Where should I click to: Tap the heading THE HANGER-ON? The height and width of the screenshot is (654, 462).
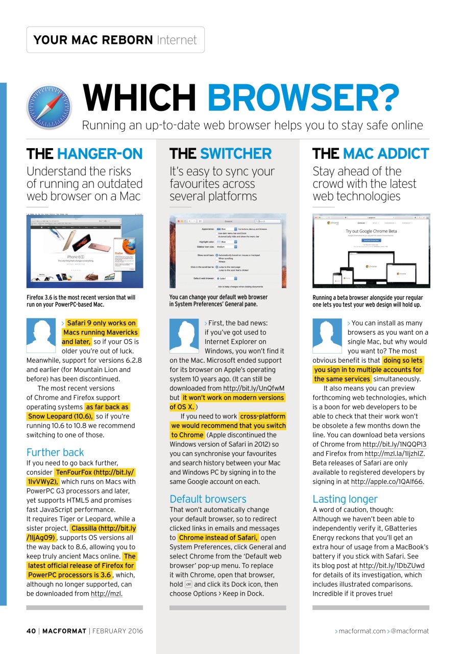(85, 154)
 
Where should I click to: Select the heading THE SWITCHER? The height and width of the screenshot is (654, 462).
(221, 154)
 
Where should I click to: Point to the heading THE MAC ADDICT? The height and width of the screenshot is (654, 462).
(371, 154)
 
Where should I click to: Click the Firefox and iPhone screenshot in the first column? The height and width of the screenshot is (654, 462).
(85, 251)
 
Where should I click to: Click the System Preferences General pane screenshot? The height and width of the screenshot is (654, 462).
(228, 251)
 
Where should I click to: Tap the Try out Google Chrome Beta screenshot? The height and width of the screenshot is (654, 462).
(371, 251)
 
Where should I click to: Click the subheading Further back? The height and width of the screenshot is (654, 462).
(55, 452)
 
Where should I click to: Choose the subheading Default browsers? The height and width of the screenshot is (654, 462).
(208, 499)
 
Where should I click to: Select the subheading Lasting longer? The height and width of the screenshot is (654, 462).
(345, 499)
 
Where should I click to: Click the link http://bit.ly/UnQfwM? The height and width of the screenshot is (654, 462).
(254, 388)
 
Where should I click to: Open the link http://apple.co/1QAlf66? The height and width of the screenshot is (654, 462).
(387, 482)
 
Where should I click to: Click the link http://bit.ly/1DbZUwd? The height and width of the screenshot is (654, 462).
(392, 566)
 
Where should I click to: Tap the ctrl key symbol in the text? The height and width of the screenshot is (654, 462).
(188, 585)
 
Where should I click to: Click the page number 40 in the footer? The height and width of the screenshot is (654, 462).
(31, 631)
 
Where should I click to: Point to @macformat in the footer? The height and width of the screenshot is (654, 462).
(409, 631)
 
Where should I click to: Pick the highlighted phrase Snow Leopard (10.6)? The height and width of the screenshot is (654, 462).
(60, 416)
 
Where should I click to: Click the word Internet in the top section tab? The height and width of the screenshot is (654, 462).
(177, 40)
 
